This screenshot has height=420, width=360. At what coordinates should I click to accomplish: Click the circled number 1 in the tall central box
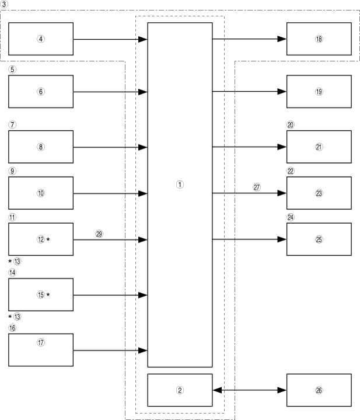point(180,183)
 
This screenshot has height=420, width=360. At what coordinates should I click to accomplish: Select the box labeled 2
point(180,390)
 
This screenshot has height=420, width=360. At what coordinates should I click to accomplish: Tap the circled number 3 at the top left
point(5,5)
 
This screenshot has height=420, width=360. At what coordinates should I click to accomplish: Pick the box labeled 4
point(41,39)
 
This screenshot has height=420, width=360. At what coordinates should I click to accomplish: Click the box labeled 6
point(41,92)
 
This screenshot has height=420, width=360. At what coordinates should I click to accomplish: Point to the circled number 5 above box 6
point(13,69)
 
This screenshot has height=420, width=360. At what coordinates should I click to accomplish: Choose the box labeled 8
point(41,147)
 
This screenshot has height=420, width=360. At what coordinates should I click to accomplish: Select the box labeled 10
point(41,193)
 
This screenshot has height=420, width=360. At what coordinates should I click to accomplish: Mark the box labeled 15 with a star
point(41,295)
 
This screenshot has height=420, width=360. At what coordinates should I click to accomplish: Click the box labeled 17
point(41,350)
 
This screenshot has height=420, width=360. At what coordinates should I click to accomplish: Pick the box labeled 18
point(319,39)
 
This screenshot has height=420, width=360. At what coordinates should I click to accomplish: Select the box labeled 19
point(319,92)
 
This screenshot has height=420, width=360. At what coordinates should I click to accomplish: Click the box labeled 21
point(319,147)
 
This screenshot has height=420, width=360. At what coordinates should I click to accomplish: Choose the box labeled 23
point(319,193)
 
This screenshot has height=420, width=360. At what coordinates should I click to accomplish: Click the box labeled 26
point(319,390)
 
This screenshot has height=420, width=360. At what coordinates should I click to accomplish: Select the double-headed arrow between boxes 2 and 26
point(250,390)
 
